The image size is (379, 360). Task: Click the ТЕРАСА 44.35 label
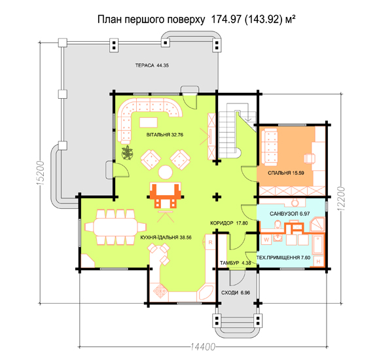pyautogui.click(x=152, y=65)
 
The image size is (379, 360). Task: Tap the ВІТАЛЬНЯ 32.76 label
pyautogui.click(x=164, y=135)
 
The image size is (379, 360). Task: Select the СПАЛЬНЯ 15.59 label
pyautogui.click(x=285, y=173)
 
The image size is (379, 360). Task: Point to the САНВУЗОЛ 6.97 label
pyautogui.click(x=289, y=214)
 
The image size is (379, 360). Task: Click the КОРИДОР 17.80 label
pyautogui.click(x=229, y=223)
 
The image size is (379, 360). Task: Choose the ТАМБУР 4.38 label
pyautogui.click(x=235, y=263)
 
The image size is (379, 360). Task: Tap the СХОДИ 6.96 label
pyautogui.click(x=236, y=293)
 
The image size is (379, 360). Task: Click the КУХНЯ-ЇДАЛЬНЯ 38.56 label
pyautogui.click(x=166, y=238)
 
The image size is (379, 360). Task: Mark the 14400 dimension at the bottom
pyautogui.click(x=202, y=347)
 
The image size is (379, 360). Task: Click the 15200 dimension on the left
pyautogui.click(x=41, y=173)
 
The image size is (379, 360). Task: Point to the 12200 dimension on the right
pyautogui.click(x=341, y=198)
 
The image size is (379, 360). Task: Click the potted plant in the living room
pyautogui.click(x=127, y=153)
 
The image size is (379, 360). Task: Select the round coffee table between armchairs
pyautogui.click(x=166, y=172)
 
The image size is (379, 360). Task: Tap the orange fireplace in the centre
pyautogui.click(x=166, y=194)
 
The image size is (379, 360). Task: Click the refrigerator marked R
pyautogui.click(x=210, y=242)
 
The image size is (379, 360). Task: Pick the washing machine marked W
pyautogui.click(x=266, y=240)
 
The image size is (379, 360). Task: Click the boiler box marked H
pyautogui.click(x=318, y=261)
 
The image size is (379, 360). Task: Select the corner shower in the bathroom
pyautogui.click(x=317, y=225)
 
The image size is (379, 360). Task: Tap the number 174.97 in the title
pyautogui.click(x=226, y=20)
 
